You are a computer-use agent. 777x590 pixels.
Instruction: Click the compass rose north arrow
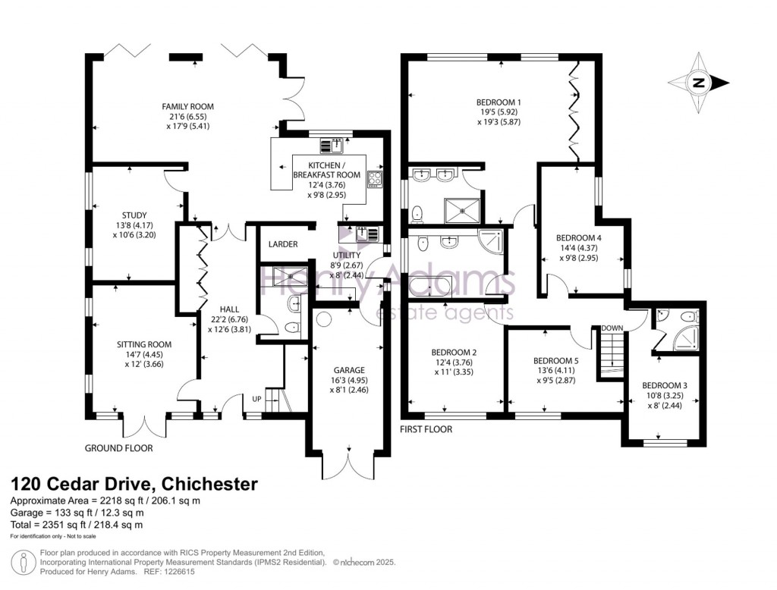coord(699,83)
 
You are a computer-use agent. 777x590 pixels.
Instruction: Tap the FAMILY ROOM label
coord(188,106)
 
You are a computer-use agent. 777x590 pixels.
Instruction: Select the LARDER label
coord(283,244)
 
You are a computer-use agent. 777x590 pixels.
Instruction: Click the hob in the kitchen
coord(375,179)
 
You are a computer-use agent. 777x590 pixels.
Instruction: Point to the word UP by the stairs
coord(256,400)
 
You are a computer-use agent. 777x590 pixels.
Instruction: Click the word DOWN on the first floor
coord(612,328)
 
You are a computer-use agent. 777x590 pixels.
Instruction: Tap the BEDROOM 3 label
coord(665,385)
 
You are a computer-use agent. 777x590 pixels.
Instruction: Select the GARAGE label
coord(349,370)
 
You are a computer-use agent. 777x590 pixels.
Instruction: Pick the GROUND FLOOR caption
coord(119,448)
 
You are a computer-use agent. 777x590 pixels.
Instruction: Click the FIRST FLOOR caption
coord(426,429)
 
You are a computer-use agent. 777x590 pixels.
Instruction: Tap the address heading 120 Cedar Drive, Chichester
coord(134,484)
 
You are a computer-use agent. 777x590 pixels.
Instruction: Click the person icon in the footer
coord(23,562)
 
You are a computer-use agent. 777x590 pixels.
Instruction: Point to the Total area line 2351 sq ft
coord(77,525)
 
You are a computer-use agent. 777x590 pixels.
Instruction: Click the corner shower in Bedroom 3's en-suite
coord(686,338)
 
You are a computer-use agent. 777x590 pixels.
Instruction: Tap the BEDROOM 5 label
coord(555,361)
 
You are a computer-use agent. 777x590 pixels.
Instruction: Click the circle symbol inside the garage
coord(324,319)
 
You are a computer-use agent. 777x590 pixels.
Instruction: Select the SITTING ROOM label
coord(144,344)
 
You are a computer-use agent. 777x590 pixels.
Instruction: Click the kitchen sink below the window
coord(332,146)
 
